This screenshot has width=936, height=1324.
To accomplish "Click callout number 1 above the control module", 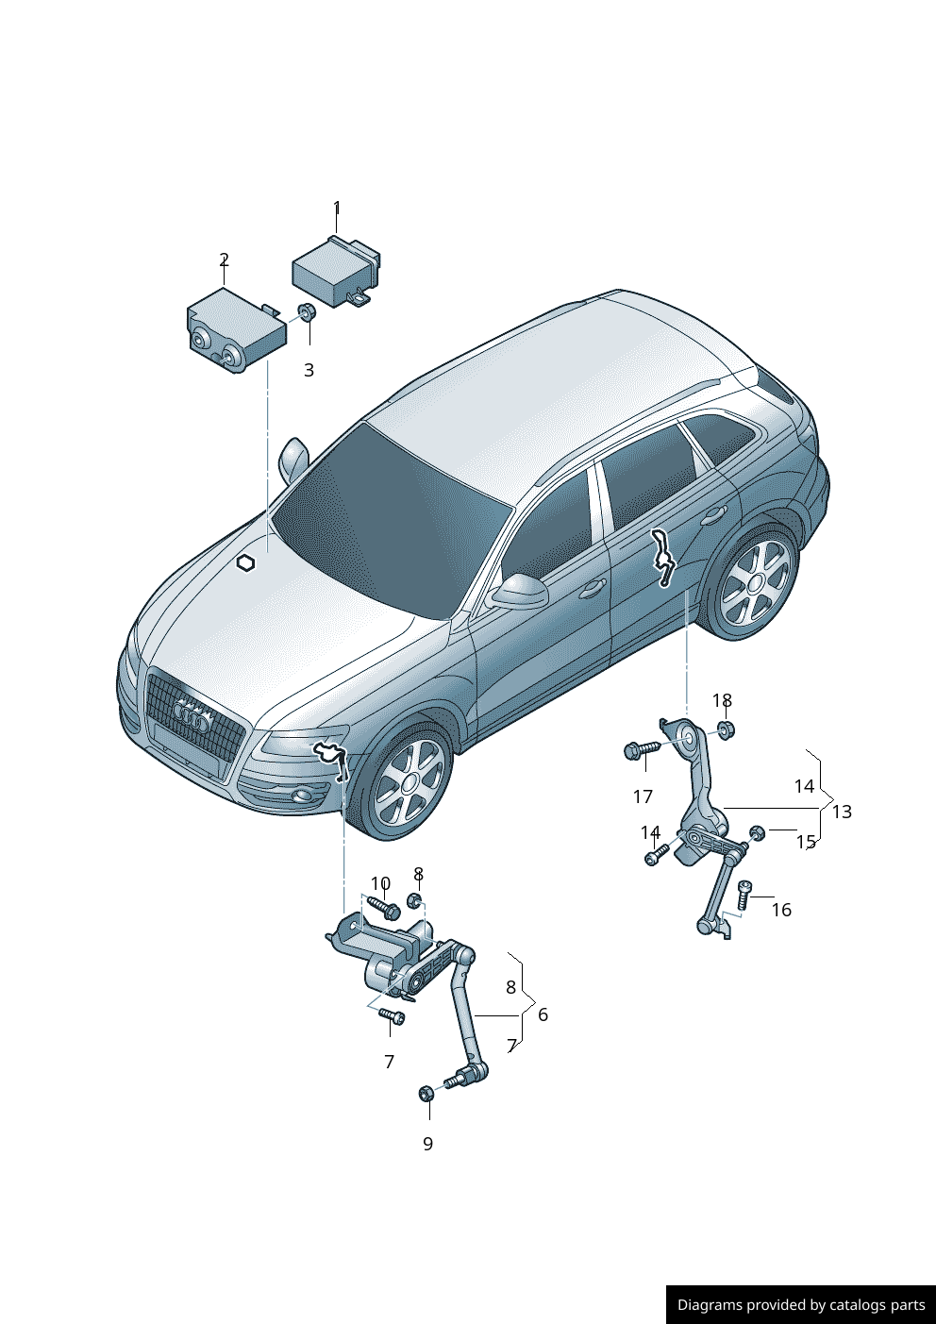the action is click(337, 208).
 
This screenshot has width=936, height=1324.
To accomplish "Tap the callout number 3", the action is click(309, 370).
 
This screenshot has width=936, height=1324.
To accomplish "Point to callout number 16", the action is click(782, 910).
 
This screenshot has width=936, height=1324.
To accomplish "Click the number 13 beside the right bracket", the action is click(842, 813).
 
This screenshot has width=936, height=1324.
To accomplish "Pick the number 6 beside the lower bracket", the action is click(543, 1014).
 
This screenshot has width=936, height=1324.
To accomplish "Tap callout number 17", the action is click(643, 796).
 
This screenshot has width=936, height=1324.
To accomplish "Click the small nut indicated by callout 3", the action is click(306, 311).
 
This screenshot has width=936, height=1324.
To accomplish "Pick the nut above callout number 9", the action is click(426, 1094).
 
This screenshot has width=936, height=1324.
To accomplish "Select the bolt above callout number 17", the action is click(641, 750).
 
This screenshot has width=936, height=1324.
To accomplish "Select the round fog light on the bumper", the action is click(305, 796).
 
